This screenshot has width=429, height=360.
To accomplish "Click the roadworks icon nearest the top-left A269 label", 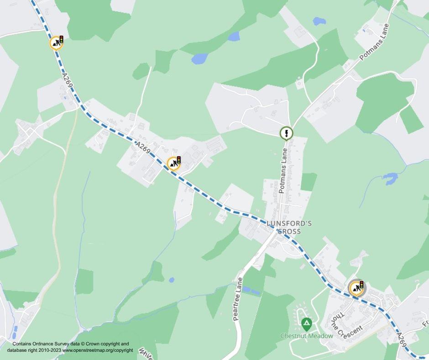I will (x=56, y=43).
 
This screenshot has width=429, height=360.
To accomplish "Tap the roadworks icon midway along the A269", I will (x=173, y=163).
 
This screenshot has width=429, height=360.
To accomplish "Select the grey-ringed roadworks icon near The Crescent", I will (x=356, y=288).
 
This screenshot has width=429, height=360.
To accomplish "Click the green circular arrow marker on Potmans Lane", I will (x=286, y=133).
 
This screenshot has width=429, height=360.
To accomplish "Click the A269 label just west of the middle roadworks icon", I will (x=143, y=149).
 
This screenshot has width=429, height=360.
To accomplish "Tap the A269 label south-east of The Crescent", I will (x=402, y=341).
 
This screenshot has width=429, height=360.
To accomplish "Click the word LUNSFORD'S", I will (x=289, y=223).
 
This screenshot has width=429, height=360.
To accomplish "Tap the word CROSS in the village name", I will (x=289, y=231).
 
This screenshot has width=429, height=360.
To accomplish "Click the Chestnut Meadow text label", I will (x=307, y=336).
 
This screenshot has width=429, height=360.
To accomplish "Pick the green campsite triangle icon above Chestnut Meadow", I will (x=307, y=324).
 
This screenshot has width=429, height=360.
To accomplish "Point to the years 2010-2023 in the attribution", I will (x=48, y=350).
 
